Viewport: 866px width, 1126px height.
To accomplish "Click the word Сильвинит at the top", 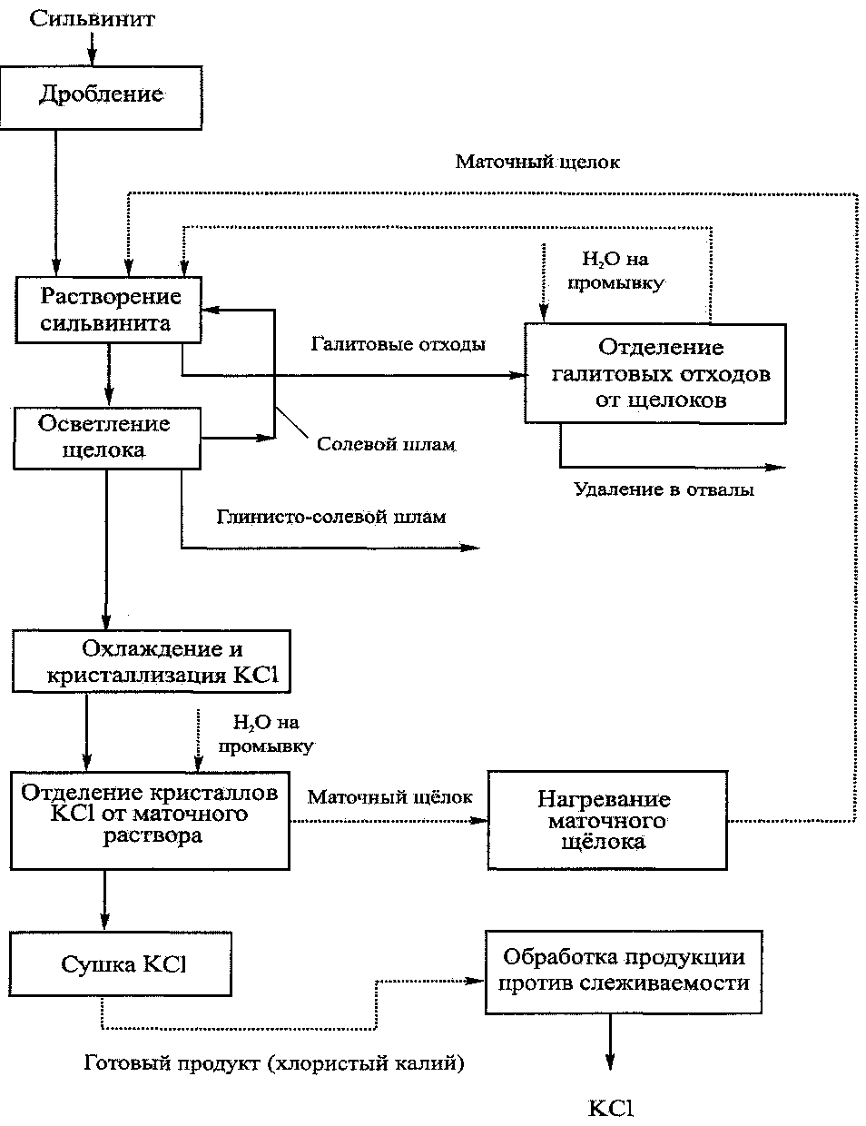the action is click(92, 19).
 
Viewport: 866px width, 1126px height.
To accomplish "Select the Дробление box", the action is click(101, 97).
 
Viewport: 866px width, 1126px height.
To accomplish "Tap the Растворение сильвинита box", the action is click(108, 310).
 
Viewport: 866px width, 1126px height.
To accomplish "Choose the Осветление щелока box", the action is click(107, 439).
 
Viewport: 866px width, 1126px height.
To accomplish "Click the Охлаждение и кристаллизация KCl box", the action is click(152, 661).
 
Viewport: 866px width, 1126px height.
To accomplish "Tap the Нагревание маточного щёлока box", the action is click(607, 820).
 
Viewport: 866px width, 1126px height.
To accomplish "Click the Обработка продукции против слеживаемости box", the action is click(624, 972).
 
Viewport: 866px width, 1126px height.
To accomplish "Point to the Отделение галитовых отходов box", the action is click(655, 373).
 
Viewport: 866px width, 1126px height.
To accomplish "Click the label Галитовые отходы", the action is click(398, 344).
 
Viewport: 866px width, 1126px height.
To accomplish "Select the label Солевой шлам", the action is click(387, 444).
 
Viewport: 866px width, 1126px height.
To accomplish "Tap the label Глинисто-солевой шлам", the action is click(331, 517).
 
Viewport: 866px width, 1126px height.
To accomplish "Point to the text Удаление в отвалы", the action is click(664, 489).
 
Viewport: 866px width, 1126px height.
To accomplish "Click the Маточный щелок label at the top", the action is click(537, 163).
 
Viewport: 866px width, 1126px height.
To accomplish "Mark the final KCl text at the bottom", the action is click(611, 1109).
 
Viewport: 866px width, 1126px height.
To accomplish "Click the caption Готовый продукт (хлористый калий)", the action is click(274, 1062).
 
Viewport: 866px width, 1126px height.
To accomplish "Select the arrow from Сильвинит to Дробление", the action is click(93, 50).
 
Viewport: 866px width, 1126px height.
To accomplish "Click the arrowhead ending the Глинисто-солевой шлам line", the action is click(469, 548).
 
